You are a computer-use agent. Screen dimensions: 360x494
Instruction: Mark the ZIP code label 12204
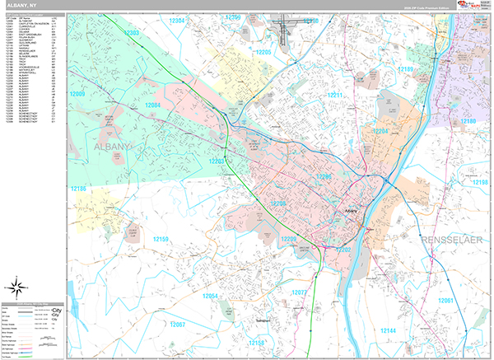click(381, 131)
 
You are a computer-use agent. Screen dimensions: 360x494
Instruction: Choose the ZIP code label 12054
click(210, 296)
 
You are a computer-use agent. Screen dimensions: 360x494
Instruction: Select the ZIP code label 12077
click(300, 292)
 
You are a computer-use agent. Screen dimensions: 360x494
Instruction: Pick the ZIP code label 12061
click(445, 301)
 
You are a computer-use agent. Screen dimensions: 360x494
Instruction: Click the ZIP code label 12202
click(343, 249)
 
